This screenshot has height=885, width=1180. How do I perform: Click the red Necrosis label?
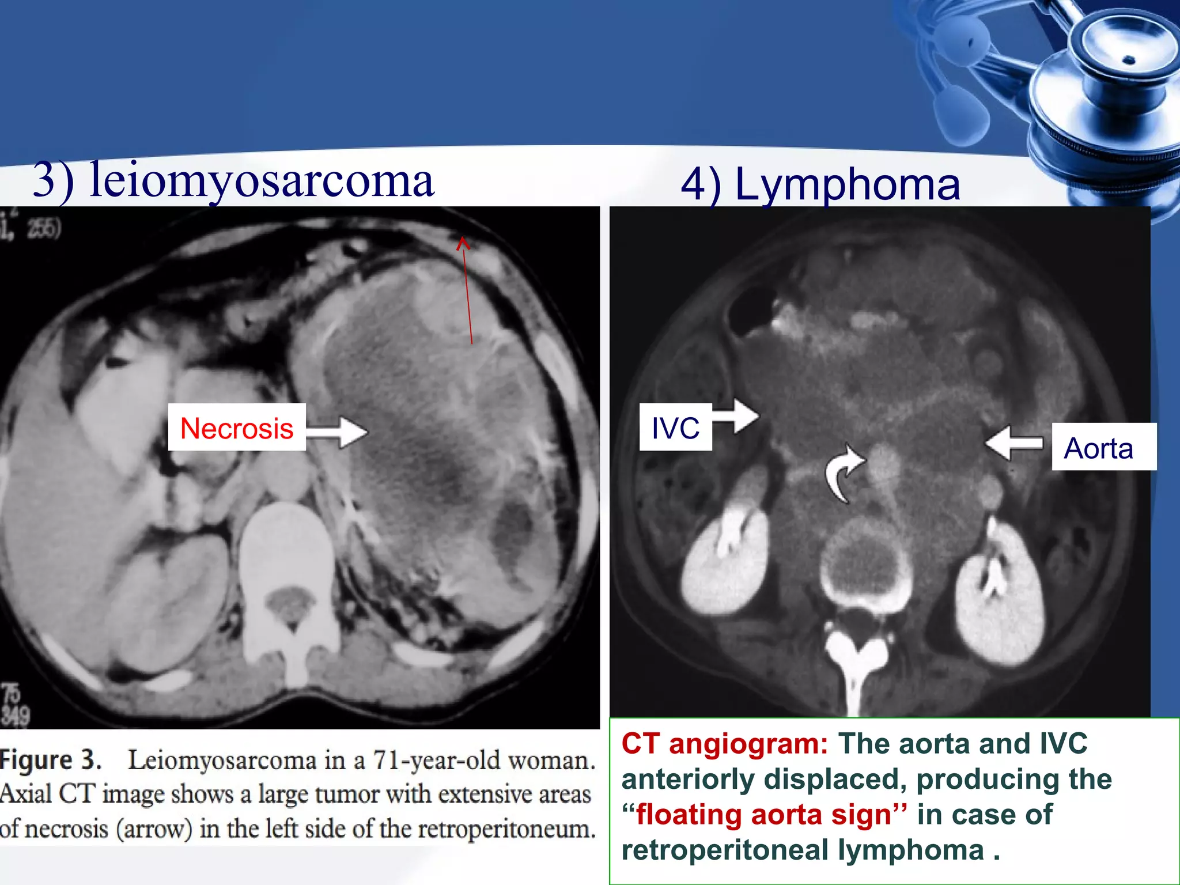tap(237, 429)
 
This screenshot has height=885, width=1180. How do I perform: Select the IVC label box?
tap(675, 428)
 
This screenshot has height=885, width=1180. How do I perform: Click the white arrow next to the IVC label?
tap(737, 415)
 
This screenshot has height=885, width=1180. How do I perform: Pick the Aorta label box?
tap(1098, 448)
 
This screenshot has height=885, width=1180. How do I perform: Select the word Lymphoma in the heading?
tap(848, 184)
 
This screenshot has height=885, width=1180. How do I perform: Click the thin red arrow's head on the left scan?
tap(463, 243)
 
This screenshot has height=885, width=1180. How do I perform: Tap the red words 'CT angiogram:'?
tap(725, 743)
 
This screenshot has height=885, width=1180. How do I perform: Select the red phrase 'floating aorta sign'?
tap(763, 815)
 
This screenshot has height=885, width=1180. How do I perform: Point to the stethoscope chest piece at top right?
tap(1124, 63)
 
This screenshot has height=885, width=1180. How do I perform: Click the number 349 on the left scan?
tap(15, 716)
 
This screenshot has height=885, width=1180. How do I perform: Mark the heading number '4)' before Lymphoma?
tap(701, 184)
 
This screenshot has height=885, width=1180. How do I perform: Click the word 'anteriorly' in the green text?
tap(688, 779)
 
